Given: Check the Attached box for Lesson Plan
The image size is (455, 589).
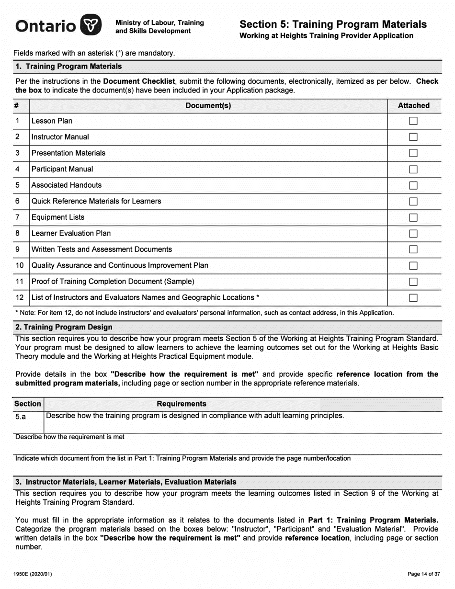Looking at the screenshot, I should pos(413,121).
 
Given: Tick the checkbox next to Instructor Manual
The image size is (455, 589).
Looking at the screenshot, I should pos(413,137).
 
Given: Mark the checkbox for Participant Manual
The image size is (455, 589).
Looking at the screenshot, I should pos(413,169).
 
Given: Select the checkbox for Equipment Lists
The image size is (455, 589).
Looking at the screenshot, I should pos(413,217).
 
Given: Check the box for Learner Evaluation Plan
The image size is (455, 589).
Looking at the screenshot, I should pos(413,234).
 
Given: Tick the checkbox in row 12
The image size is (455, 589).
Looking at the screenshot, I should pos(413,298).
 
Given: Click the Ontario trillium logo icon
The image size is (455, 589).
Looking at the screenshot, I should pos(91,24).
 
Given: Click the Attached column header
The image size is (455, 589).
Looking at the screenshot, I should pos(413,105).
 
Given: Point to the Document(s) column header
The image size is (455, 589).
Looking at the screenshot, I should pos(208,105).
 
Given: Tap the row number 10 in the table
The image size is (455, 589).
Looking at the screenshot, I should pos(20,265).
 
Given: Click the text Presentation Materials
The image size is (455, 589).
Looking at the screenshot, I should pos(68,153).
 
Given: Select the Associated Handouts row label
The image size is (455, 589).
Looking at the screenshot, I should pos(67,185).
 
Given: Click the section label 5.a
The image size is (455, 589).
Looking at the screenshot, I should pos(21,417).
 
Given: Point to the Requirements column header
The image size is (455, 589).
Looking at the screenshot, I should pos(182,404).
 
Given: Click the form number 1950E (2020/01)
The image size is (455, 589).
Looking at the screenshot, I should pos(31,574).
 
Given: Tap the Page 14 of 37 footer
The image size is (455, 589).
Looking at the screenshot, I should pos(423,574).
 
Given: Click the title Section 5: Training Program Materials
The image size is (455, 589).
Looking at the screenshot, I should pos(333,24).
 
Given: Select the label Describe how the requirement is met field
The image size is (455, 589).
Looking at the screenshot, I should pos(70,437).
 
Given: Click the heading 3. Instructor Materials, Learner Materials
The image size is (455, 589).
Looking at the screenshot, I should pos(126,482).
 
